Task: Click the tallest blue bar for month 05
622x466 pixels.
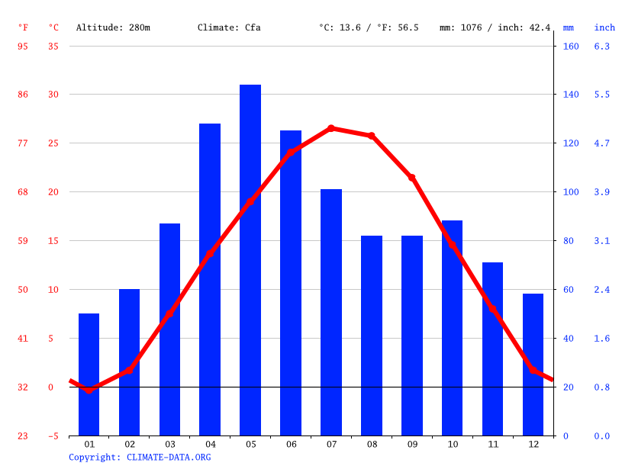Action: [x=250, y=259]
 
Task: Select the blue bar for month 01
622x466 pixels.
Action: [x=89, y=374]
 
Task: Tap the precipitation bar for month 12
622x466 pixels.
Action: [x=533, y=365]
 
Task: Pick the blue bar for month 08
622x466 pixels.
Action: [x=372, y=336]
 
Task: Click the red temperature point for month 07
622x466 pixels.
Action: [x=331, y=128]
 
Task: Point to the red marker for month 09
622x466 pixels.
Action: [x=411, y=177]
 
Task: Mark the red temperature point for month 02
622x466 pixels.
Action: [x=129, y=369]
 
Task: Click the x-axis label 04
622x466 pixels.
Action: [x=211, y=444]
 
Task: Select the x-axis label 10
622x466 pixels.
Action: [x=453, y=444]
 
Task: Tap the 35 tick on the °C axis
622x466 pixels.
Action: [x=53, y=46]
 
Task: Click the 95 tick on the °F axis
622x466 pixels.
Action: [x=23, y=46]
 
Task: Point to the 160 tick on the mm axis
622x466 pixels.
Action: [x=571, y=46]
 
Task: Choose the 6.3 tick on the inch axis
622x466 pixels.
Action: [x=601, y=46]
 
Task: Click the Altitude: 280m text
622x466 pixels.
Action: [x=113, y=27]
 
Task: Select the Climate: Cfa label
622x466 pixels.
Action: [x=229, y=27]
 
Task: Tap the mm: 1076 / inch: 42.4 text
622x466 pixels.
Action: [x=495, y=27]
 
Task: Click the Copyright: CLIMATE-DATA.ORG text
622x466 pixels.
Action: [x=140, y=457]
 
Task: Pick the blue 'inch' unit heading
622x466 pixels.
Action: [x=604, y=27]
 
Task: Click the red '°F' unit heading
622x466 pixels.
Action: [x=23, y=27]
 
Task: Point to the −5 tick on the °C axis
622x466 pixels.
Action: [x=53, y=435]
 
